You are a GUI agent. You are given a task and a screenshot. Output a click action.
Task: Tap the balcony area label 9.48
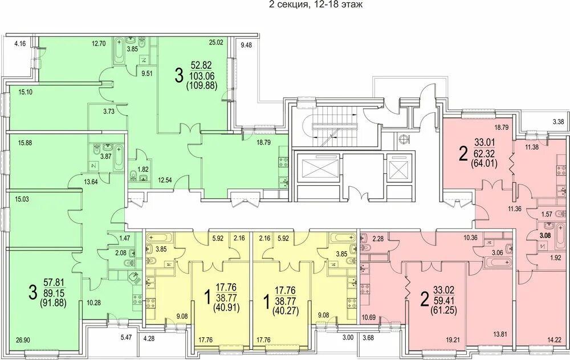tap(246, 46)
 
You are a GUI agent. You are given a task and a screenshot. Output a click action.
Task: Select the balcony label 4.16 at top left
tap(20, 44)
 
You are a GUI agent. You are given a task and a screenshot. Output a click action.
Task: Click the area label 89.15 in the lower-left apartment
tap(55, 292)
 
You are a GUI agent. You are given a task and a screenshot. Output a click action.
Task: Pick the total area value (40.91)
tap(227, 309)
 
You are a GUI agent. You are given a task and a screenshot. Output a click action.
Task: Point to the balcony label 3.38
tap(558, 122)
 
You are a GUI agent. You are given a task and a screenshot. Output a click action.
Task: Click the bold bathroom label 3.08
tap(544, 235)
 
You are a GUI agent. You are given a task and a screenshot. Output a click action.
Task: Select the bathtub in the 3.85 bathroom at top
tap(119, 52)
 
